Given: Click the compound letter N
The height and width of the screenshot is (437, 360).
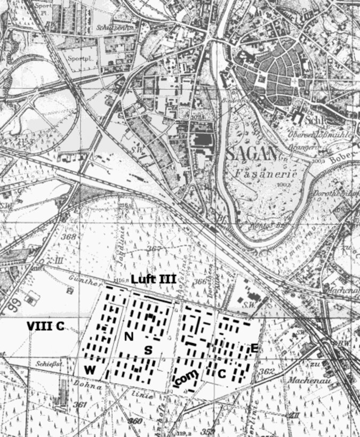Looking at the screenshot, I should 129,337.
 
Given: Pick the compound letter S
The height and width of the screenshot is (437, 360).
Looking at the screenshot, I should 149,350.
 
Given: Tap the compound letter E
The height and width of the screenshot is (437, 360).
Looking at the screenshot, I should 254,349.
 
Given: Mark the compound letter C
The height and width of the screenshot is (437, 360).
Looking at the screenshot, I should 222,374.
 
